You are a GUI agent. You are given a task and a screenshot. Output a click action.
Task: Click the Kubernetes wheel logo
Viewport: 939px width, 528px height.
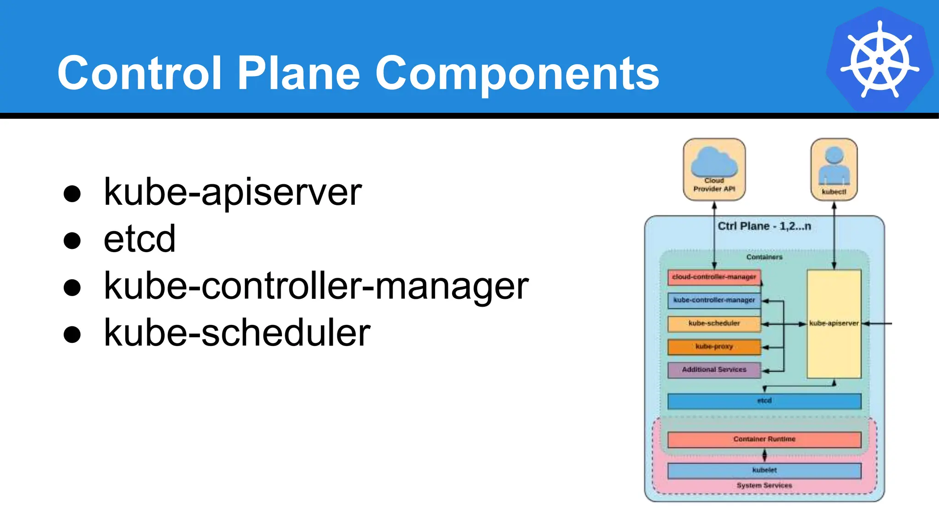click(879, 60)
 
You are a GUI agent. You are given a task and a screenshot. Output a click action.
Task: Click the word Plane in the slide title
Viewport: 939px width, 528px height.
click(299, 73)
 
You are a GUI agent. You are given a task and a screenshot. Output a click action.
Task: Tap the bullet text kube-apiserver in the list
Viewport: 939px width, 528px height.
click(232, 192)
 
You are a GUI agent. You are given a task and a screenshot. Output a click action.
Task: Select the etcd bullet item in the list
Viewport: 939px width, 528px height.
click(139, 239)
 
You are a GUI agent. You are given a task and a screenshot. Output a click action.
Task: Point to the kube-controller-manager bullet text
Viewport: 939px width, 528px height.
click(316, 286)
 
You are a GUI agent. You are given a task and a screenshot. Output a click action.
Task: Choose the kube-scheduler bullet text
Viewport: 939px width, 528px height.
click(237, 333)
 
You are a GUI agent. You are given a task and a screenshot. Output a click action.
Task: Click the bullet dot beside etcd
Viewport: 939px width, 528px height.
click(72, 240)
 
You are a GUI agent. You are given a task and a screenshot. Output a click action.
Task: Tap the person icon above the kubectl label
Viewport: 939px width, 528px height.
click(834, 165)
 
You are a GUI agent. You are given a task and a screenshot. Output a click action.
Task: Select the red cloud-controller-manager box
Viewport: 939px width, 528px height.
click(714, 277)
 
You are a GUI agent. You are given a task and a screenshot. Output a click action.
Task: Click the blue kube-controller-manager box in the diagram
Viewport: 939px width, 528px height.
click(714, 300)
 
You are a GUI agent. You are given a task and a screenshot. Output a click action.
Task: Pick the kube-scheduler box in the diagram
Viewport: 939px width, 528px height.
click(714, 324)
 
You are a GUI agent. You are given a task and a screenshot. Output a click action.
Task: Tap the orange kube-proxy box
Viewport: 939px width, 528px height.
click(714, 347)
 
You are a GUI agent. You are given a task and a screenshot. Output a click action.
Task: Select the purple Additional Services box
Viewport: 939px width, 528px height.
click(714, 370)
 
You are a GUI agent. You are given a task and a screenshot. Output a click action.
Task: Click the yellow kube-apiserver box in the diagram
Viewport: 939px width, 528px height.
click(834, 324)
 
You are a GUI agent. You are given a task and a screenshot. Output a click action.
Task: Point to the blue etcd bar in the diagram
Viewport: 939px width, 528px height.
click(764, 401)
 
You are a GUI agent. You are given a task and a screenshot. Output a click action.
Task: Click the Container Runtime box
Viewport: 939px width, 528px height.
click(764, 439)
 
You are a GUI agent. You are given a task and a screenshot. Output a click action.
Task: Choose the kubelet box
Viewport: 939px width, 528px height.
click(764, 470)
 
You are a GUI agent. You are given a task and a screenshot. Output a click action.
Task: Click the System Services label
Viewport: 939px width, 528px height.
click(764, 485)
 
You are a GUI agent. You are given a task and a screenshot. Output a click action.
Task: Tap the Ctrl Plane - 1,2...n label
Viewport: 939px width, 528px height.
click(764, 226)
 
